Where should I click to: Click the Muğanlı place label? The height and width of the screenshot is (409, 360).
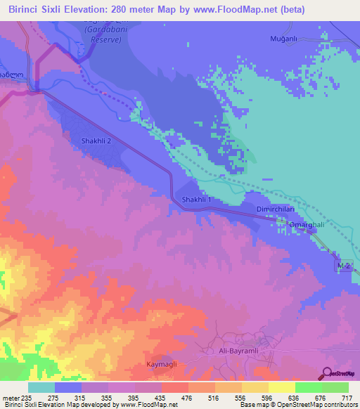285,39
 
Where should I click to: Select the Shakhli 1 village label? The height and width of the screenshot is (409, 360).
196,200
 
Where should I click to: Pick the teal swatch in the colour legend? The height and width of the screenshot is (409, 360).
41,387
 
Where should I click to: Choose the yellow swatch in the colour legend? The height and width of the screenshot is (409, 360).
282,387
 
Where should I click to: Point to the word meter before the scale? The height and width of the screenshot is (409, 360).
11,398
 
